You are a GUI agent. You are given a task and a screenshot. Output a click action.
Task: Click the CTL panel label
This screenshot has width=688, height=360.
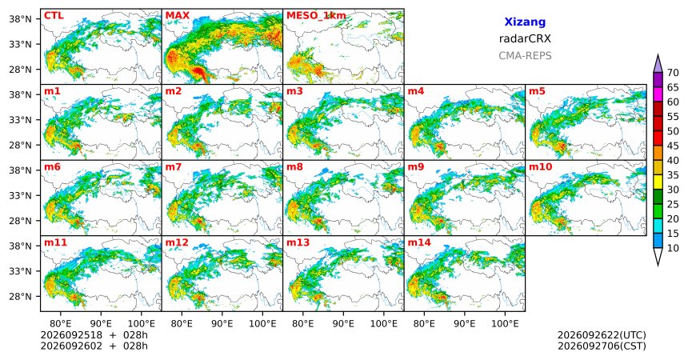click(54, 16)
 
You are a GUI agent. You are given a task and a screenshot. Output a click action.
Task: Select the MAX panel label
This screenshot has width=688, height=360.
click(178, 16)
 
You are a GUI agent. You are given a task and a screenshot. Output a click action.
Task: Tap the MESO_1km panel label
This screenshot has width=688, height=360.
click(316, 16)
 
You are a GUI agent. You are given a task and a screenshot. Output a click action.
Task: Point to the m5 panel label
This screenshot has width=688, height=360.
click(537, 91)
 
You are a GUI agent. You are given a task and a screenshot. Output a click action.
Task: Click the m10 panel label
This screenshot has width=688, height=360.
click(540, 167)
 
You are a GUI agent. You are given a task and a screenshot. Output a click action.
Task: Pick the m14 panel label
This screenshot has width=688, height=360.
click(419, 242)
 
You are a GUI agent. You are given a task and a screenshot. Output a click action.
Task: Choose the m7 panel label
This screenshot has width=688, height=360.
click(174, 167)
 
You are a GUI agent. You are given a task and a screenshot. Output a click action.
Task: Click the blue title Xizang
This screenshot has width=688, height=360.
click(525, 22)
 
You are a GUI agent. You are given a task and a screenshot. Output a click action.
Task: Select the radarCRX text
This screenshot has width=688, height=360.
click(525, 38)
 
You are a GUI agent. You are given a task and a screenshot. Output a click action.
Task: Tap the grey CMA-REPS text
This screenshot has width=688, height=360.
click(525, 56)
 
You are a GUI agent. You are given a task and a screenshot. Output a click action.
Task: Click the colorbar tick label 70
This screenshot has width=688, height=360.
click(673, 73)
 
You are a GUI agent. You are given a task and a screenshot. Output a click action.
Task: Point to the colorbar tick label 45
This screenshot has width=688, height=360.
click(673, 146)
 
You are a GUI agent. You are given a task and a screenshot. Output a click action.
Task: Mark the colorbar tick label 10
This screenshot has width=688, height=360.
click(673, 248)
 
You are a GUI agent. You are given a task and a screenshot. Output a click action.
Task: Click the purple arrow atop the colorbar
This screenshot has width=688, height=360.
click(658, 64)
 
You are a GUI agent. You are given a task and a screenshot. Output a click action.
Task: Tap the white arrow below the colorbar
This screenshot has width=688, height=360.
click(658, 257)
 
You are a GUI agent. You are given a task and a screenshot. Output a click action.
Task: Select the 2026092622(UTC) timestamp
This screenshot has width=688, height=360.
click(602, 335)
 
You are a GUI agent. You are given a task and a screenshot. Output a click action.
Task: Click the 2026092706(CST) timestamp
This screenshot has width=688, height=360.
click(602, 346)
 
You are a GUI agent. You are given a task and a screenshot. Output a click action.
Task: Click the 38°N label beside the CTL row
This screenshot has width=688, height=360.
click(20, 19)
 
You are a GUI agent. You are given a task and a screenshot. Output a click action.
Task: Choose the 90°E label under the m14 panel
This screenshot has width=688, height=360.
click(464, 324)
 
